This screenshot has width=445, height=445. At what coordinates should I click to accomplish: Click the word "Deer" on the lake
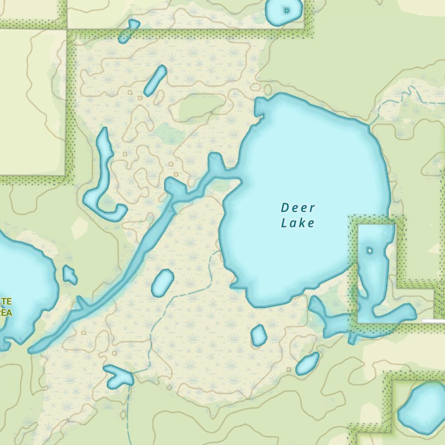coord(298,208)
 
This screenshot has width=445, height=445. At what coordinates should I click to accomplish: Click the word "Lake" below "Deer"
coord(298,222)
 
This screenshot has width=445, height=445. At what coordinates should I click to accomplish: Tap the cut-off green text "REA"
coord(5,313)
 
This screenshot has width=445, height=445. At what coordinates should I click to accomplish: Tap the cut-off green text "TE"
coord(6,302)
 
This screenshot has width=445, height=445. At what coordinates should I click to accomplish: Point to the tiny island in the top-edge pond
coord(287,10)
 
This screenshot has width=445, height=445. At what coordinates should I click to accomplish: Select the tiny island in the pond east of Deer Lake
coord(369,251)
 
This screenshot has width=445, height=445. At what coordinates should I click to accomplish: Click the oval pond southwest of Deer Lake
coord(162,283)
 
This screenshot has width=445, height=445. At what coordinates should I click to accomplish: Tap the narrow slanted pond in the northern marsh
coord(155,81)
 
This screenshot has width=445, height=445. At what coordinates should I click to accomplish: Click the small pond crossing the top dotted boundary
coord(129,31)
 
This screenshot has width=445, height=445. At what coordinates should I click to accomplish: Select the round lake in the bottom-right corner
coord(420,408)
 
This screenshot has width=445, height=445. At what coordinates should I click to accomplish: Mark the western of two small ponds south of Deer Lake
coord(259,336)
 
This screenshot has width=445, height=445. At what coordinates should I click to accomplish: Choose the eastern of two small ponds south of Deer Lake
coord(307,364)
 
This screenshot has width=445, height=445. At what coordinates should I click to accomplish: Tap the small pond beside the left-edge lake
coord(69,275)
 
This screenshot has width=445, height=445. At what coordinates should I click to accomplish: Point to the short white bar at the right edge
coord(433,320)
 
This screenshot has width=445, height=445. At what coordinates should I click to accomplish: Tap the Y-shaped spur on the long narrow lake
coord(82,304)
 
